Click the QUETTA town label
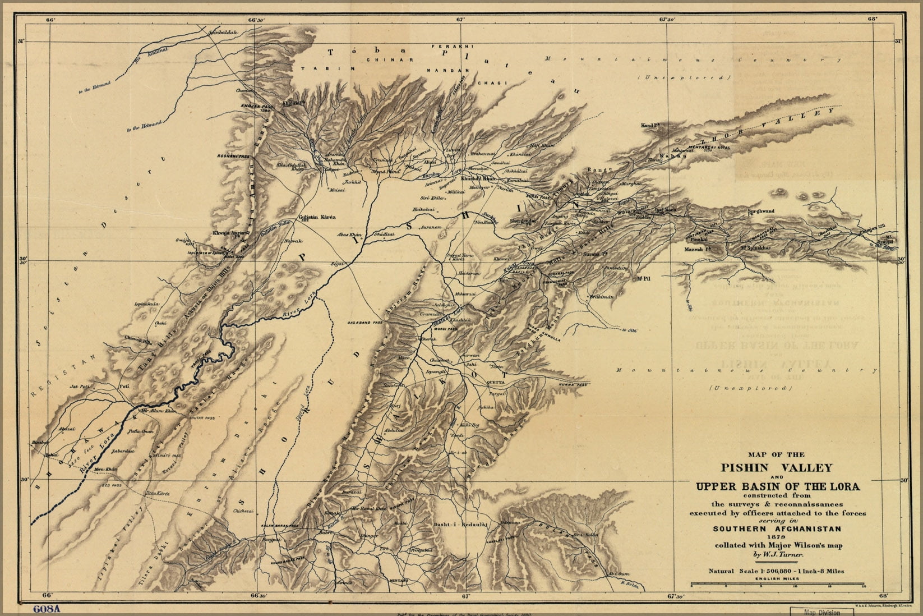[497, 381]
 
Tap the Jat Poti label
[80, 387]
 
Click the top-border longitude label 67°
[460, 19]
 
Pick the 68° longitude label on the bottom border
[884, 596]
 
